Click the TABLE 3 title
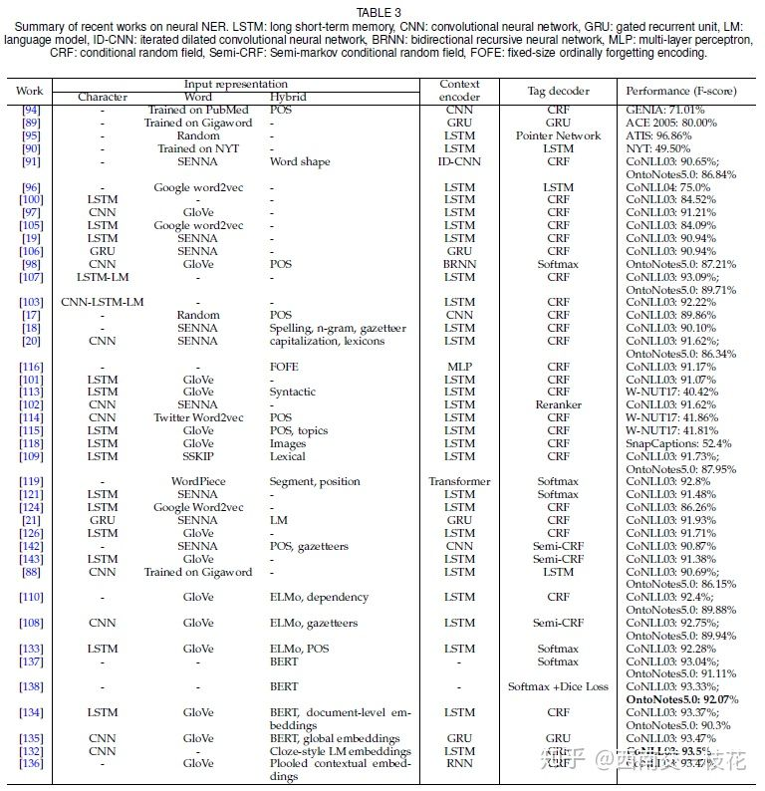click(382, 13)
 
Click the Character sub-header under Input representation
click(103, 97)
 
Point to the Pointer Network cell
click(558, 135)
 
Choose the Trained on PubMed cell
click(197, 110)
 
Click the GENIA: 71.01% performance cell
click(664, 110)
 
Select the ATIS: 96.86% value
click(660, 135)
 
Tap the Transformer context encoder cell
click(459, 481)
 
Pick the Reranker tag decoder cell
click(558, 404)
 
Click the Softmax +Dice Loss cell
click(558, 686)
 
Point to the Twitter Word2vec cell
click(197, 417)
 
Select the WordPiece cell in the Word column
click(197, 481)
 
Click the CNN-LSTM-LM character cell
click(103, 302)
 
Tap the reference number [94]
click(31, 110)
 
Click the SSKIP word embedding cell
click(197, 456)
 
